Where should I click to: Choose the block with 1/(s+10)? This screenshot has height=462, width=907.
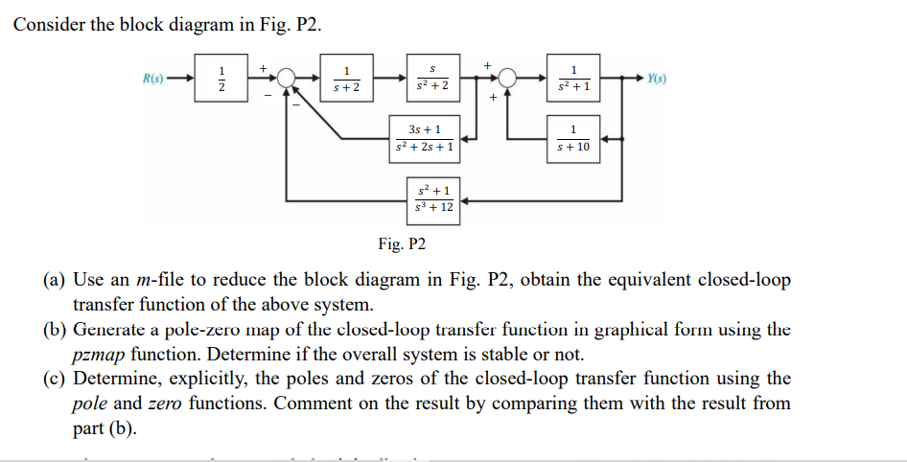pyautogui.click(x=572, y=139)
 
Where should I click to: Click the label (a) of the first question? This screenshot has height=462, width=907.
pyautogui.click(x=55, y=280)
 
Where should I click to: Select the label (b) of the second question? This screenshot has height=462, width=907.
pyautogui.click(x=55, y=330)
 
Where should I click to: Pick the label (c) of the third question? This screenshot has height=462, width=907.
pyautogui.click(x=55, y=379)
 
